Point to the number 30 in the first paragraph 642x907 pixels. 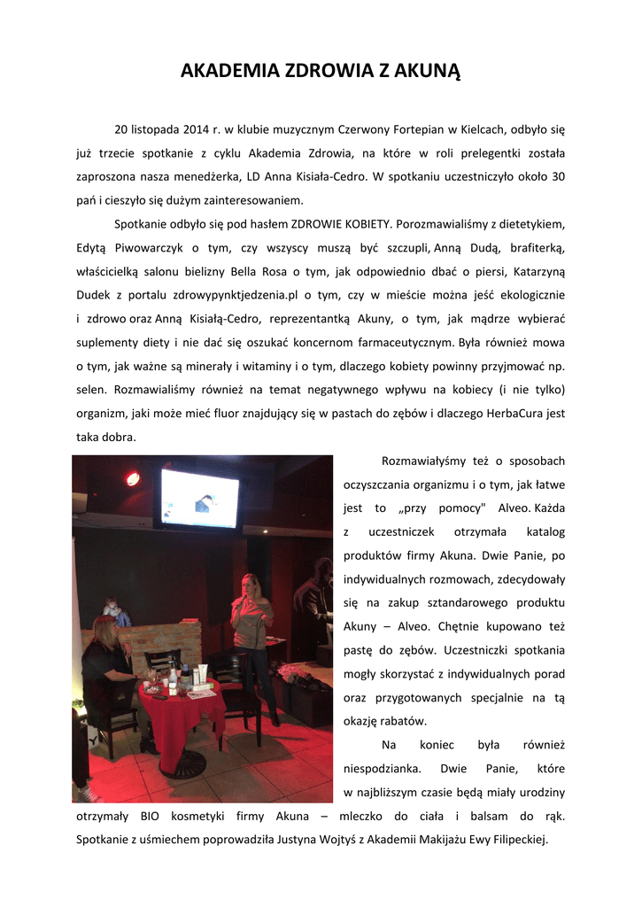click(x=558, y=176)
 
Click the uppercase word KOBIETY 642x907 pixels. click(x=361, y=222)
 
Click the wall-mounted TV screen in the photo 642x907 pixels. click(x=199, y=498)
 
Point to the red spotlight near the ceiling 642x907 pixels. click(x=133, y=478)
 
